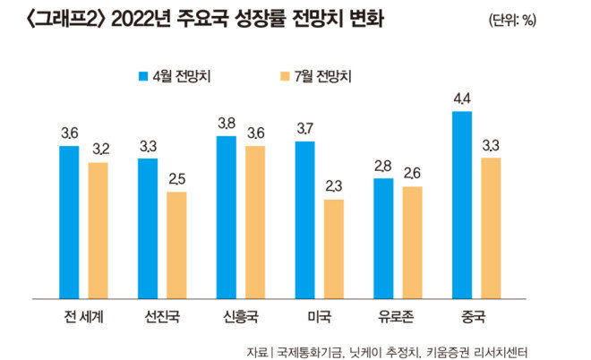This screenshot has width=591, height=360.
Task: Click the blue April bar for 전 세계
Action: pos(70,221)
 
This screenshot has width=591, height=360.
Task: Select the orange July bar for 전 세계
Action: pos(98,230)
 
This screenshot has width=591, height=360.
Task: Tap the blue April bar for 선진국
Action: pos(148,228)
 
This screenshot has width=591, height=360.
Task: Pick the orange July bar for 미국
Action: pos(333,248)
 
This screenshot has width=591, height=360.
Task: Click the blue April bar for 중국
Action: pos(463,204)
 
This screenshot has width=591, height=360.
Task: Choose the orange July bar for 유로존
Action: pos(412,242)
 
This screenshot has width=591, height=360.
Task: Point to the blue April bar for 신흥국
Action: pos(227,217)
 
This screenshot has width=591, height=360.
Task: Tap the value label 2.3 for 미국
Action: pos(333,187)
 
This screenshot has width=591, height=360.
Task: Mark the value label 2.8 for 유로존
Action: pos(383,167)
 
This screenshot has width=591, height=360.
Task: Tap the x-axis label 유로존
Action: pos(398,315)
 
